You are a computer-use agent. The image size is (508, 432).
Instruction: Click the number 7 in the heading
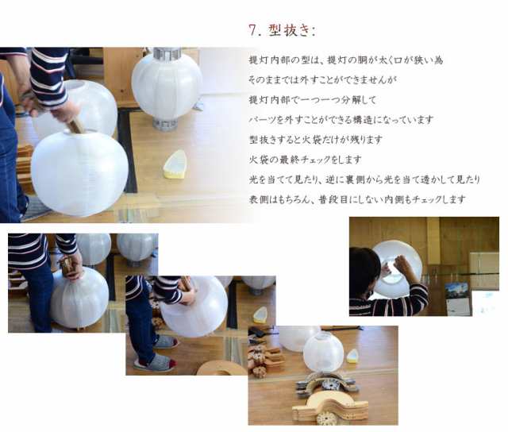pyautogui.click(x=253, y=30)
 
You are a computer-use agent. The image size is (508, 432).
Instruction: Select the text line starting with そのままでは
pyautogui.click(x=323, y=79)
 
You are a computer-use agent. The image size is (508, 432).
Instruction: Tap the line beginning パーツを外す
pyautogui.click(x=341, y=120)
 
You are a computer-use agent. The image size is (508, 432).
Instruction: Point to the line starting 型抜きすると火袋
pyautogui.click(x=316, y=140)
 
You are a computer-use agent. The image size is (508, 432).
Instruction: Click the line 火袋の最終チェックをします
pyautogui.click(x=305, y=160)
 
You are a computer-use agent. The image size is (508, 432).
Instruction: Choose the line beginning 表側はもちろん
pyautogui.click(x=357, y=199)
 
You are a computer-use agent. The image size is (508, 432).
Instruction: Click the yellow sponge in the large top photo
pyautogui.click(x=175, y=164)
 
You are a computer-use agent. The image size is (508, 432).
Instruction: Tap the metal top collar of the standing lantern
pyautogui.click(x=167, y=54)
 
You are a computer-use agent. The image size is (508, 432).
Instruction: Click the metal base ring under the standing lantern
pyautogui.click(x=165, y=123)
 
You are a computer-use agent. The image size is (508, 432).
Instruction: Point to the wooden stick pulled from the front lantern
pyautogui.click(x=76, y=125)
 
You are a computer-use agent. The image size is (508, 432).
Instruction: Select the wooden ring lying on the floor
pyautogui.click(x=221, y=368)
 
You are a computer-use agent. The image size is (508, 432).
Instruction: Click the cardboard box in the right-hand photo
pyautogui.click(x=485, y=271)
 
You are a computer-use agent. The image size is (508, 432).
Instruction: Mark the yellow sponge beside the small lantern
pyautogui.click(x=352, y=357)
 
